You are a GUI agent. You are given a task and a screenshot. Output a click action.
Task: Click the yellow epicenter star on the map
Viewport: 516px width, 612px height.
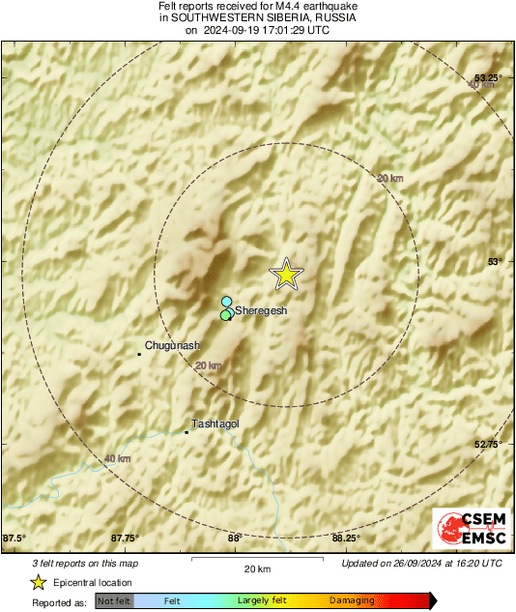(286, 275)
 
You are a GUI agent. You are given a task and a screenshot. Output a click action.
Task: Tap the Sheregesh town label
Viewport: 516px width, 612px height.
(258, 311)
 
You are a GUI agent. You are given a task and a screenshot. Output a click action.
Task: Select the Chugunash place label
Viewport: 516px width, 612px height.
(172, 345)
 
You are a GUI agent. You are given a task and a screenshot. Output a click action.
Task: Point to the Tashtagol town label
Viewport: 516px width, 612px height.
(215, 423)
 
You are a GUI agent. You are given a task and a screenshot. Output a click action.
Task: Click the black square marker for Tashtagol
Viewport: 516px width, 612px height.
(186, 432)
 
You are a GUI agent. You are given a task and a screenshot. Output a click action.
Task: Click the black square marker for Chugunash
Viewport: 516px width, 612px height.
(139, 354)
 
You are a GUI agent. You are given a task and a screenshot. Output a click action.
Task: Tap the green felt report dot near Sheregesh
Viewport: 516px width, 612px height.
(225, 314)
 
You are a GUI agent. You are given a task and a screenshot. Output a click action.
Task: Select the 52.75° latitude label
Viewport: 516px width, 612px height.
(489, 444)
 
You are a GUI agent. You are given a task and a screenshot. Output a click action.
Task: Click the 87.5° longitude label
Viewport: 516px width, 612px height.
(14, 539)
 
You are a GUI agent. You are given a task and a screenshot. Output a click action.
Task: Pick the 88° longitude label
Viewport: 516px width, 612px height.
(235, 539)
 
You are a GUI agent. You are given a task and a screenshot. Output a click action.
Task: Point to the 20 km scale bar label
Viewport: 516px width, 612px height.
(256, 568)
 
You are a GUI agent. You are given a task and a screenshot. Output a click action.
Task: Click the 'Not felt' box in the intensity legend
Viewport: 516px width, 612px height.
(115, 600)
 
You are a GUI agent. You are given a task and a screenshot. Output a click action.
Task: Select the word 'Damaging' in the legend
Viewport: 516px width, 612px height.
(353, 600)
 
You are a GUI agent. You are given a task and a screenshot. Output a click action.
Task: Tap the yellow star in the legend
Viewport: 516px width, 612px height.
(38, 582)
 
